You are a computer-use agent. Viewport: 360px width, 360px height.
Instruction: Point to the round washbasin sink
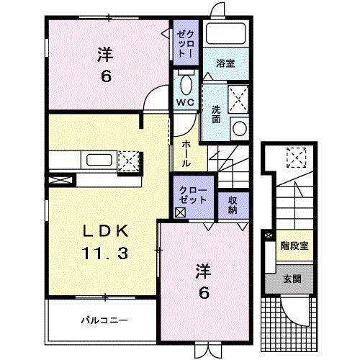239,127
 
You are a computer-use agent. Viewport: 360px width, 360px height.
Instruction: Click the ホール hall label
186,153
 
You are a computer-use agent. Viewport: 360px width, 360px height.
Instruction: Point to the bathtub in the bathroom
225,34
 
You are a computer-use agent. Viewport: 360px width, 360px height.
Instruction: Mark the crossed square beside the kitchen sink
128,160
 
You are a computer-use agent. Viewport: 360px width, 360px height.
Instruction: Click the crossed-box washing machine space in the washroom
239,96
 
